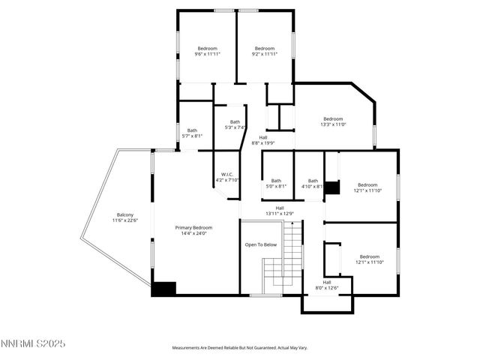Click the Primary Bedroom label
[193, 227]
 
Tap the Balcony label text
[124, 215]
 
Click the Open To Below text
[261, 245]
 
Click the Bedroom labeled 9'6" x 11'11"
[207, 49]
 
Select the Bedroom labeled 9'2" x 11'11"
[265, 49]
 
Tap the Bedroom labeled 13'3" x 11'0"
[333, 118]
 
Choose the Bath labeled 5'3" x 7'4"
[235, 122]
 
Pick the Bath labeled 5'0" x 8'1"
[276, 180]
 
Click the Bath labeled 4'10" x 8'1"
[313, 180]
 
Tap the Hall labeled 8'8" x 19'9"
[263, 137]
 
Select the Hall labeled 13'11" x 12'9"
[280, 208]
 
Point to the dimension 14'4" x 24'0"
[193, 233]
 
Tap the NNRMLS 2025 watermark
[34, 343]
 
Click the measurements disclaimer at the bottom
[240, 348]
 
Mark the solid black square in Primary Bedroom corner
[163, 289]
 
